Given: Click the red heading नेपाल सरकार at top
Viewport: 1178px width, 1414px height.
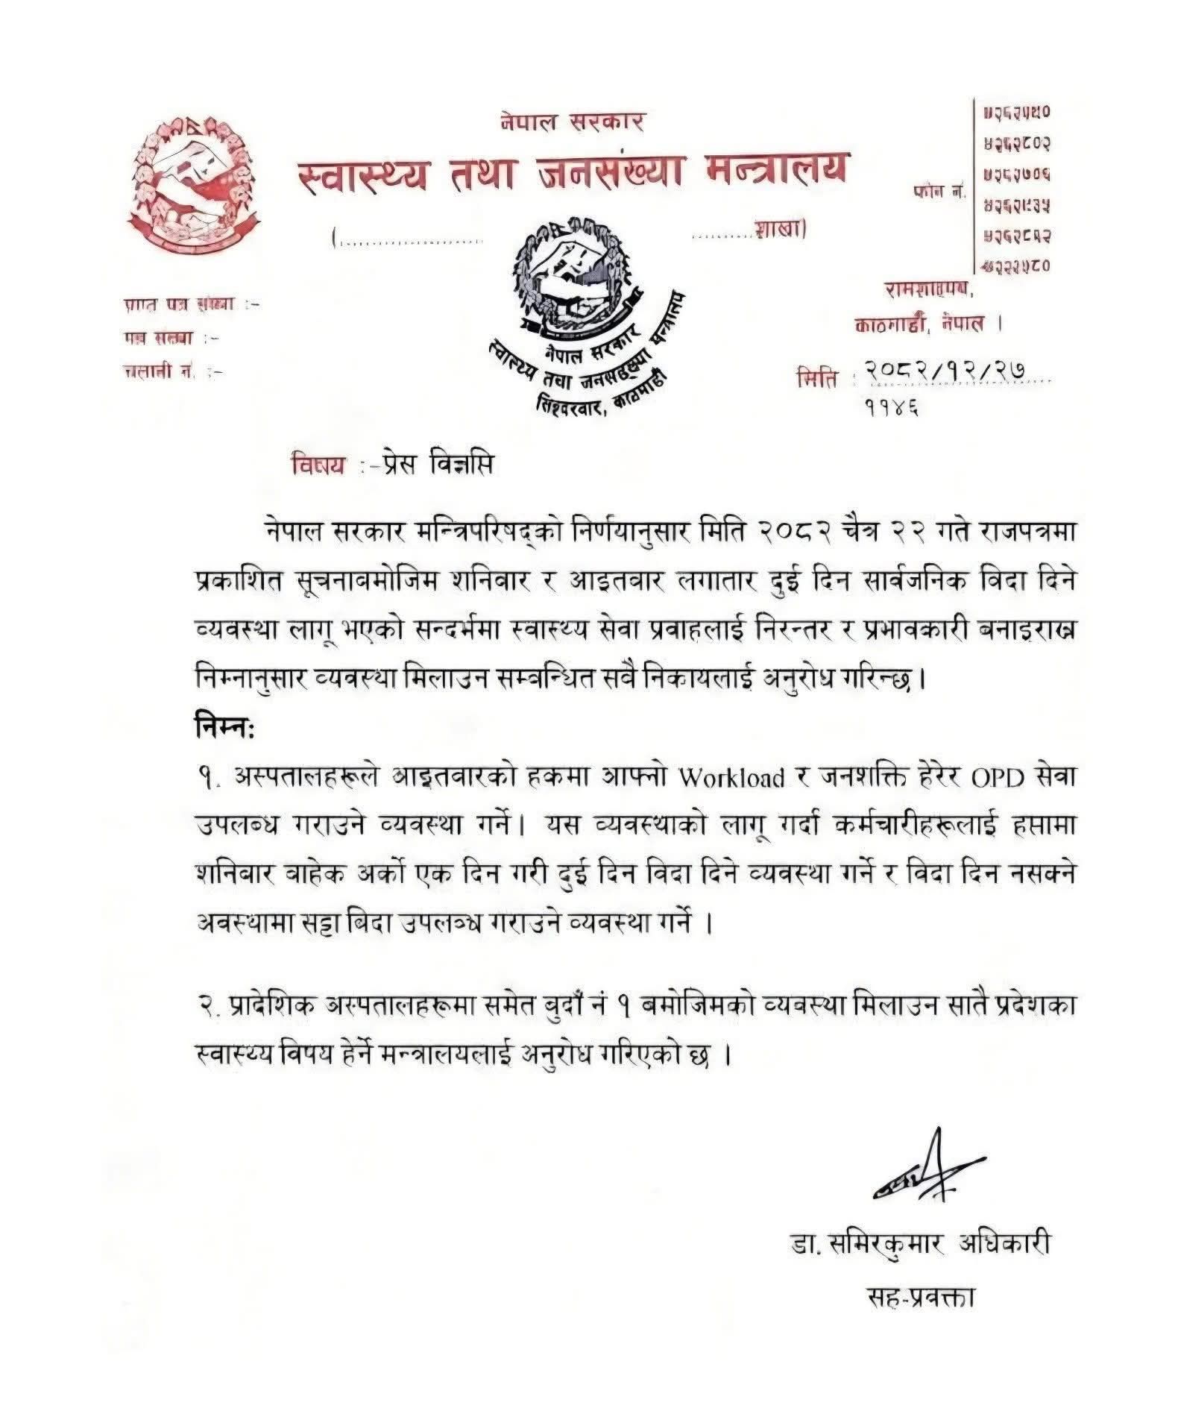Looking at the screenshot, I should (x=573, y=121).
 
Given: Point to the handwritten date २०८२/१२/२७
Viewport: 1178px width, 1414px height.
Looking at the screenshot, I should (x=955, y=370).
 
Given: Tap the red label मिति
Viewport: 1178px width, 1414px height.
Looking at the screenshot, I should (x=817, y=378).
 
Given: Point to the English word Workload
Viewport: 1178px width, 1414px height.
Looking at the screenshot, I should (x=731, y=778).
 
